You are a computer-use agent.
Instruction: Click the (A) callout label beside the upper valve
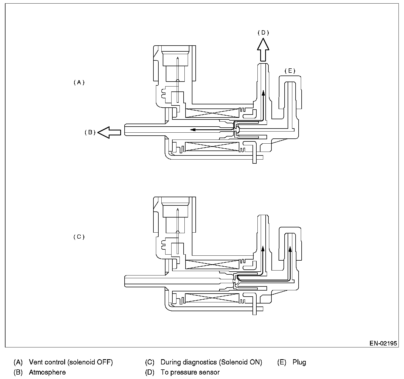click(x=79, y=82)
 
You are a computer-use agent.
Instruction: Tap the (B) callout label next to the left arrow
click(x=90, y=132)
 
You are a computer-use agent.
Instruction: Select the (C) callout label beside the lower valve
click(x=79, y=237)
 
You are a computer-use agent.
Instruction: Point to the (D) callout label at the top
click(x=263, y=33)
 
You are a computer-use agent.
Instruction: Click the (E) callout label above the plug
click(x=290, y=71)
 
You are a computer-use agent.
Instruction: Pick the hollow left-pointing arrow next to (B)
click(x=109, y=132)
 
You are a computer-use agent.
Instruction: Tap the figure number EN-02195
click(x=383, y=343)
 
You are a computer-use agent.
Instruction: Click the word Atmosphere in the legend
click(x=47, y=372)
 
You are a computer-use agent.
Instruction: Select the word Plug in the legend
click(x=299, y=362)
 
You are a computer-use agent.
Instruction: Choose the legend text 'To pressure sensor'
click(x=190, y=372)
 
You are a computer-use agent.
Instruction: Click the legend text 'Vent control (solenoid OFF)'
click(x=71, y=362)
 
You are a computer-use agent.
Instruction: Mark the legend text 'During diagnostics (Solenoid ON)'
click(x=211, y=362)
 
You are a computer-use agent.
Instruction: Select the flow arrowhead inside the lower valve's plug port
click(x=290, y=249)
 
